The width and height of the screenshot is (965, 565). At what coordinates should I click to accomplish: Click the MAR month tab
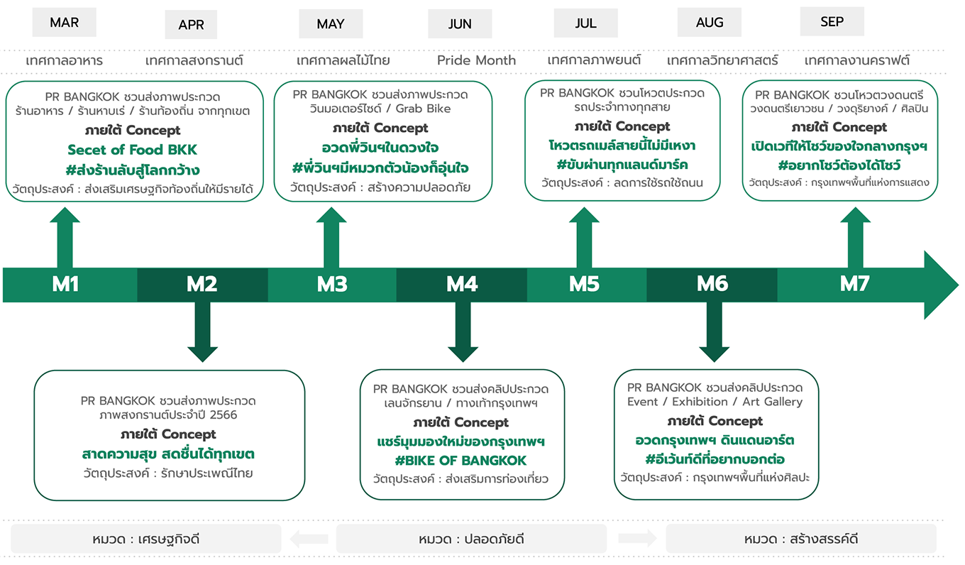click(x=64, y=23)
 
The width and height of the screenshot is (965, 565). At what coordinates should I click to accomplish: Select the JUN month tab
click(x=460, y=24)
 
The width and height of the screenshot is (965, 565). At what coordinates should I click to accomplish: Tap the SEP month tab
click(x=832, y=22)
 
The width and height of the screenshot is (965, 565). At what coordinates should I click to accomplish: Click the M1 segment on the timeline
click(x=65, y=285)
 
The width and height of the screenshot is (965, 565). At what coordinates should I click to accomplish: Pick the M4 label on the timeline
click(x=462, y=285)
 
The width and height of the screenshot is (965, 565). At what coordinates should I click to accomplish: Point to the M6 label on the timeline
click(x=712, y=285)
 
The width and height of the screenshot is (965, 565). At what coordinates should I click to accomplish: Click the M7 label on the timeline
click(x=854, y=285)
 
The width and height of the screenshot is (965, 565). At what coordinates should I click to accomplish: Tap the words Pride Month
click(x=476, y=60)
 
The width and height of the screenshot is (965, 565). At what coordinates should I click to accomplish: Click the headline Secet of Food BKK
click(x=132, y=150)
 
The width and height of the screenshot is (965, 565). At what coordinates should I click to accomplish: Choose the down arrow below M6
click(x=714, y=332)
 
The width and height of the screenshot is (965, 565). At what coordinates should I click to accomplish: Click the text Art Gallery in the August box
click(x=772, y=402)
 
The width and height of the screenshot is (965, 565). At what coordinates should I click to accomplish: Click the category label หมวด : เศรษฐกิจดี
click(x=145, y=539)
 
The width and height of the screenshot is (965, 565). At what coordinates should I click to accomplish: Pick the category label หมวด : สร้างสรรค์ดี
click(x=801, y=539)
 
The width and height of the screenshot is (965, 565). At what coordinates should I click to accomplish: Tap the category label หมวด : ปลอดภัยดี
click(x=471, y=539)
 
